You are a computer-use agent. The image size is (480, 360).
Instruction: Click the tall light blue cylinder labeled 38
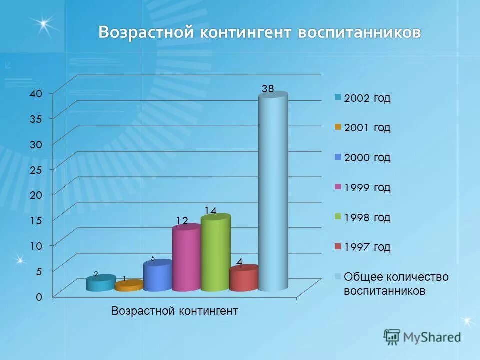[x=273, y=192]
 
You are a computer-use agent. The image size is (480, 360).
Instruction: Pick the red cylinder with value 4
[x=243, y=279]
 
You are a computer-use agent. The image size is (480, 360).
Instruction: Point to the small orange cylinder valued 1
[x=128, y=286]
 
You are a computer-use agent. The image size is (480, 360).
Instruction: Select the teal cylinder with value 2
[x=100, y=284]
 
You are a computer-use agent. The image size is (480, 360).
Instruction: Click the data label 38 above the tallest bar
[x=268, y=89]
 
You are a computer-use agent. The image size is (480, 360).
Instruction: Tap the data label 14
[x=210, y=211]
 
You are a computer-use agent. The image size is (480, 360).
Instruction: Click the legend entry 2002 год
[x=367, y=98]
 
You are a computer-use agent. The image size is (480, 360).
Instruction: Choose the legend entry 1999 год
[x=367, y=188]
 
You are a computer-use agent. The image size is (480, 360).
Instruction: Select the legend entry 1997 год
[x=367, y=247]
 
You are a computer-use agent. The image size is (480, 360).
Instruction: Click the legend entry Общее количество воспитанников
[x=395, y=284]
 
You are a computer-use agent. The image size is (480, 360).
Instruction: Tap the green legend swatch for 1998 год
[x=338, y=217]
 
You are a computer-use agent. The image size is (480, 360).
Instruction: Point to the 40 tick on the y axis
[x=38, y=93]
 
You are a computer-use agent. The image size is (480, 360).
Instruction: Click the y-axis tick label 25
[x=38, y=170]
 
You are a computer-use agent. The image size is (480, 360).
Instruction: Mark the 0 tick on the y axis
[x=39, y=297]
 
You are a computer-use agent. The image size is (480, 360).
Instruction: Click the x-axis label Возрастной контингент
[x=174, y=311]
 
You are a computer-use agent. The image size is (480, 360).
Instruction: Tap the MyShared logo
[x=422, y=337]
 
